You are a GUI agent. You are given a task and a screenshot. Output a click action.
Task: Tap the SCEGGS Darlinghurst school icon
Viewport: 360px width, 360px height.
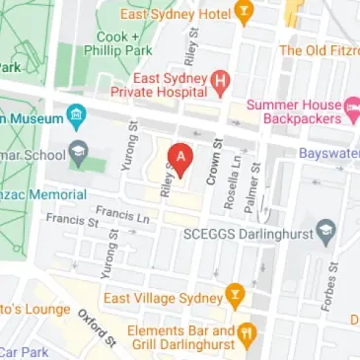point(330,233)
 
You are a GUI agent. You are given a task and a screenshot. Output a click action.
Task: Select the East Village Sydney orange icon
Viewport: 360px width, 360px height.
point(235,293)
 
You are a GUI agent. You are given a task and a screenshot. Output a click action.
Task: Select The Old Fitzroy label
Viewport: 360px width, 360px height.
point(319,50)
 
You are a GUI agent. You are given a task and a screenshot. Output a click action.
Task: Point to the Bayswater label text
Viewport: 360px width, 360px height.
point(331,154)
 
